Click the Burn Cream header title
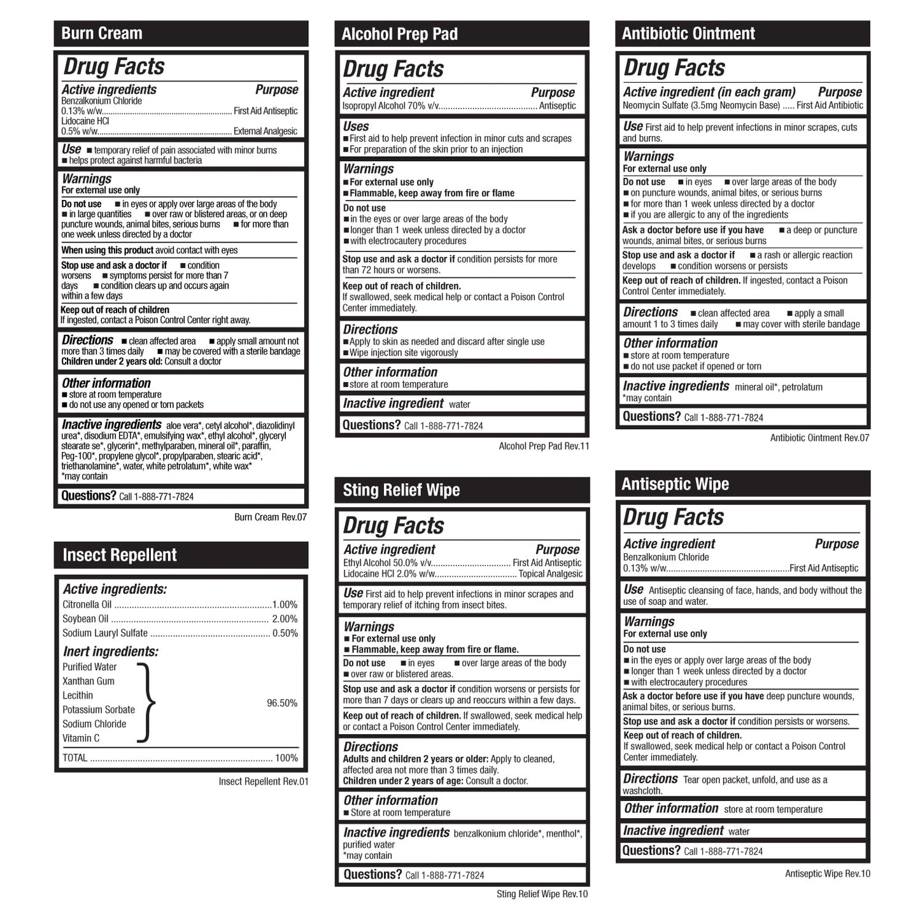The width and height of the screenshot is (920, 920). [x=102, y=34]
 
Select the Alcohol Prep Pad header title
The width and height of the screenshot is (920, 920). [x=399, y=34]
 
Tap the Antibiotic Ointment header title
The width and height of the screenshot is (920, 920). [x=688, y=34]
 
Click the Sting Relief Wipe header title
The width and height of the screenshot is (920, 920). [x=401, y=490]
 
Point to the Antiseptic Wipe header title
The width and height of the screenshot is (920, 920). [x=675, y=485]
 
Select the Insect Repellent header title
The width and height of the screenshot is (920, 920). [x=120, y=555]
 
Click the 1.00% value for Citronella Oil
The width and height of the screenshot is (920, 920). [x=285, y=605]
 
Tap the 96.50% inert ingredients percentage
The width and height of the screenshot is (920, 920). [x=282, y=704]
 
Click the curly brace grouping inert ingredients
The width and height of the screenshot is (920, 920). [x=146, y=703]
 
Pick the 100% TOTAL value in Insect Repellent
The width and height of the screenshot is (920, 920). [x=286, y=758]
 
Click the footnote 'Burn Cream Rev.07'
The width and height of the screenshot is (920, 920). [x=271, y=517]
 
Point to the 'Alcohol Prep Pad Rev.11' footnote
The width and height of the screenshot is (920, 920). [x=544, y=446]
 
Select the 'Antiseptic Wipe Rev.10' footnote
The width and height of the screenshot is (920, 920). [x=827, y=874]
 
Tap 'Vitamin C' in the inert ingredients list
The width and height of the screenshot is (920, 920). [x=81, y=739]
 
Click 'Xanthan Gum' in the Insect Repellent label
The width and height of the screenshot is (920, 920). [x=88, y=681]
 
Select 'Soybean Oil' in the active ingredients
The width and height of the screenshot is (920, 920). [x=85, y=619]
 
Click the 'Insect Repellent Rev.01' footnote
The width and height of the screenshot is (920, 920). [x=263, y=782]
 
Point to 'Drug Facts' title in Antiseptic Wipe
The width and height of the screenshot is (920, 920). [x=673, y=517]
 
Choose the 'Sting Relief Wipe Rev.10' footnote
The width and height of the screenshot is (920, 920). [x=542, y=895]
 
